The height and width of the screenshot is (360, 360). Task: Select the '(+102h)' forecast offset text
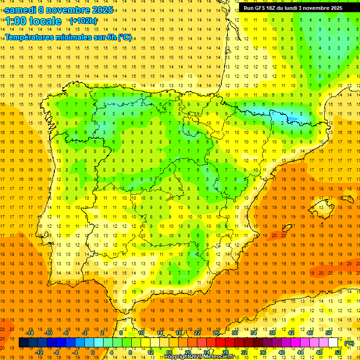tap(83, 21)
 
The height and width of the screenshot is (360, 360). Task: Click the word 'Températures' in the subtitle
tap(28, 37)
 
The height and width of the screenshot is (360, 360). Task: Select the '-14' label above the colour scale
tap(30, 332)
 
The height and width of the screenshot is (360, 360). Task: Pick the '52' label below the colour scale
tap(337, 352)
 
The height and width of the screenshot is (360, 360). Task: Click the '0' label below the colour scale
tap(92, 352)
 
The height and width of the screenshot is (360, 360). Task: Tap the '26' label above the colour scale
tap(216, 332)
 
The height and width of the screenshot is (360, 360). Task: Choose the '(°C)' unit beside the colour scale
tap(349, 343)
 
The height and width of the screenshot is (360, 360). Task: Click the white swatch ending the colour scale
tap(333, 343)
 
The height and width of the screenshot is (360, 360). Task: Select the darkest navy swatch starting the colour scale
tap(23, 343)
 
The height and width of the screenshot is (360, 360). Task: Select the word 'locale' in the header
tap(45, 21)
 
